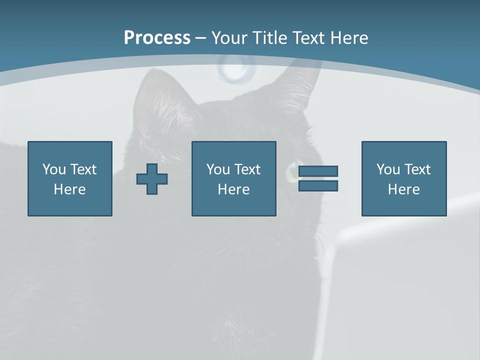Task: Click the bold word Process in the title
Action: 157,38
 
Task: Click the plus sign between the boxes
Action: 152,178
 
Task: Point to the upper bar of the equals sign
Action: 318,171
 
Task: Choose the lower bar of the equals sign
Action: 318,185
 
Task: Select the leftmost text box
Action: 70,178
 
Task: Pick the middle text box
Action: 233,178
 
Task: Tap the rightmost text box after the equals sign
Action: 403,178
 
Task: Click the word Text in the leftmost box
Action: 83,169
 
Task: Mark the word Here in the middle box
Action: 233,189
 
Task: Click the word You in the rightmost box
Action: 388,169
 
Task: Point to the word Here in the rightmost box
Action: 403,189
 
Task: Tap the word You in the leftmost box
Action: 54,169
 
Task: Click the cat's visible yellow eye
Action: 290,171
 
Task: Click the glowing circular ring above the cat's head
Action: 236,68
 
